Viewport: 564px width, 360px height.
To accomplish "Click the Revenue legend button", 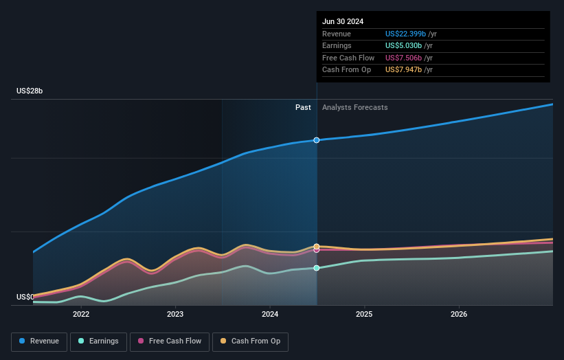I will coord(39,341).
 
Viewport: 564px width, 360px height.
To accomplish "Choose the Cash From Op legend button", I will coord(250,341).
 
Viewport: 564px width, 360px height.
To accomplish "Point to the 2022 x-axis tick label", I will coord(81,314).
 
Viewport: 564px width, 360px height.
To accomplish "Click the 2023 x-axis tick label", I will coord(175,314).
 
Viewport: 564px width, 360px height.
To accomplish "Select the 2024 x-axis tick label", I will coord(270,314).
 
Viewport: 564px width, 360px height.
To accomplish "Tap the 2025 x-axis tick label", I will coord(364,314).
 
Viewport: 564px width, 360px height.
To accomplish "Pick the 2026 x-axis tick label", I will coord(459,314).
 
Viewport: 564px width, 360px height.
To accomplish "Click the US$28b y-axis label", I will coord(30,91).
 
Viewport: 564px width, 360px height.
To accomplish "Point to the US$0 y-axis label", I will coord(25,297).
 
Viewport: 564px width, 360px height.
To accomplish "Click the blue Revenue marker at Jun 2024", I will coord(317,140).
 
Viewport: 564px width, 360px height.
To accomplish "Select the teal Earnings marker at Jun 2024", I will coord(317,268).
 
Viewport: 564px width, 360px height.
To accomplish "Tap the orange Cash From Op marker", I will coord(317,246).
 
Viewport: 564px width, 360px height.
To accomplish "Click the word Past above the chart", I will coord(303,108).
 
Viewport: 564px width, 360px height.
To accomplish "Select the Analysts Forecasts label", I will coord(354,108).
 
